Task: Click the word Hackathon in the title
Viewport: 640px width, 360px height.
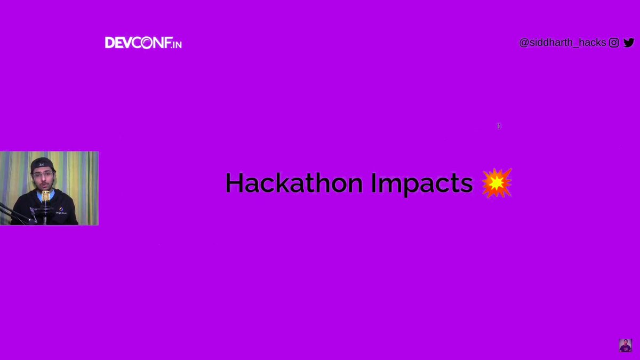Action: (x=294, y=183)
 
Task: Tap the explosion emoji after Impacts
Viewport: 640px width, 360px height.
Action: (x=497, y=183)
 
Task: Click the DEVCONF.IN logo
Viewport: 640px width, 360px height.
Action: (x=143, y=43)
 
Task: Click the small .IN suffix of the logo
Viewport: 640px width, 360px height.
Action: (x=177, y=44)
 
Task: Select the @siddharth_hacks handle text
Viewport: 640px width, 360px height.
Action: (x=562, y=43)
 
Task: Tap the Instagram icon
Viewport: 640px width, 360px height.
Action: (x=614, y=43)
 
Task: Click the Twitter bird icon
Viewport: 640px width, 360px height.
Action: (x=629, y=43)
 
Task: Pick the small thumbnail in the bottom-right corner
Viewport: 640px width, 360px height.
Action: (x=625, y=345)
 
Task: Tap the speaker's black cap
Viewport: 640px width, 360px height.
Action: (x=41, y=163)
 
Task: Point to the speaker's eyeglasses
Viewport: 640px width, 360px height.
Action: (x=43, y=174)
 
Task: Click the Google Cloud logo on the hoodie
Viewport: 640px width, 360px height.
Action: (x=61, y=210)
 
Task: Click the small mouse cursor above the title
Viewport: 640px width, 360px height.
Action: (x=499, y=126)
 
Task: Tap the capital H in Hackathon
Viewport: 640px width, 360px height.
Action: (x=234, y=183)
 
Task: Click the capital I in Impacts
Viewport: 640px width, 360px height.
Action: (x=374, y=183)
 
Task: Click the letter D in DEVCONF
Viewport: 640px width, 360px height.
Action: (x=110, y=43)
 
